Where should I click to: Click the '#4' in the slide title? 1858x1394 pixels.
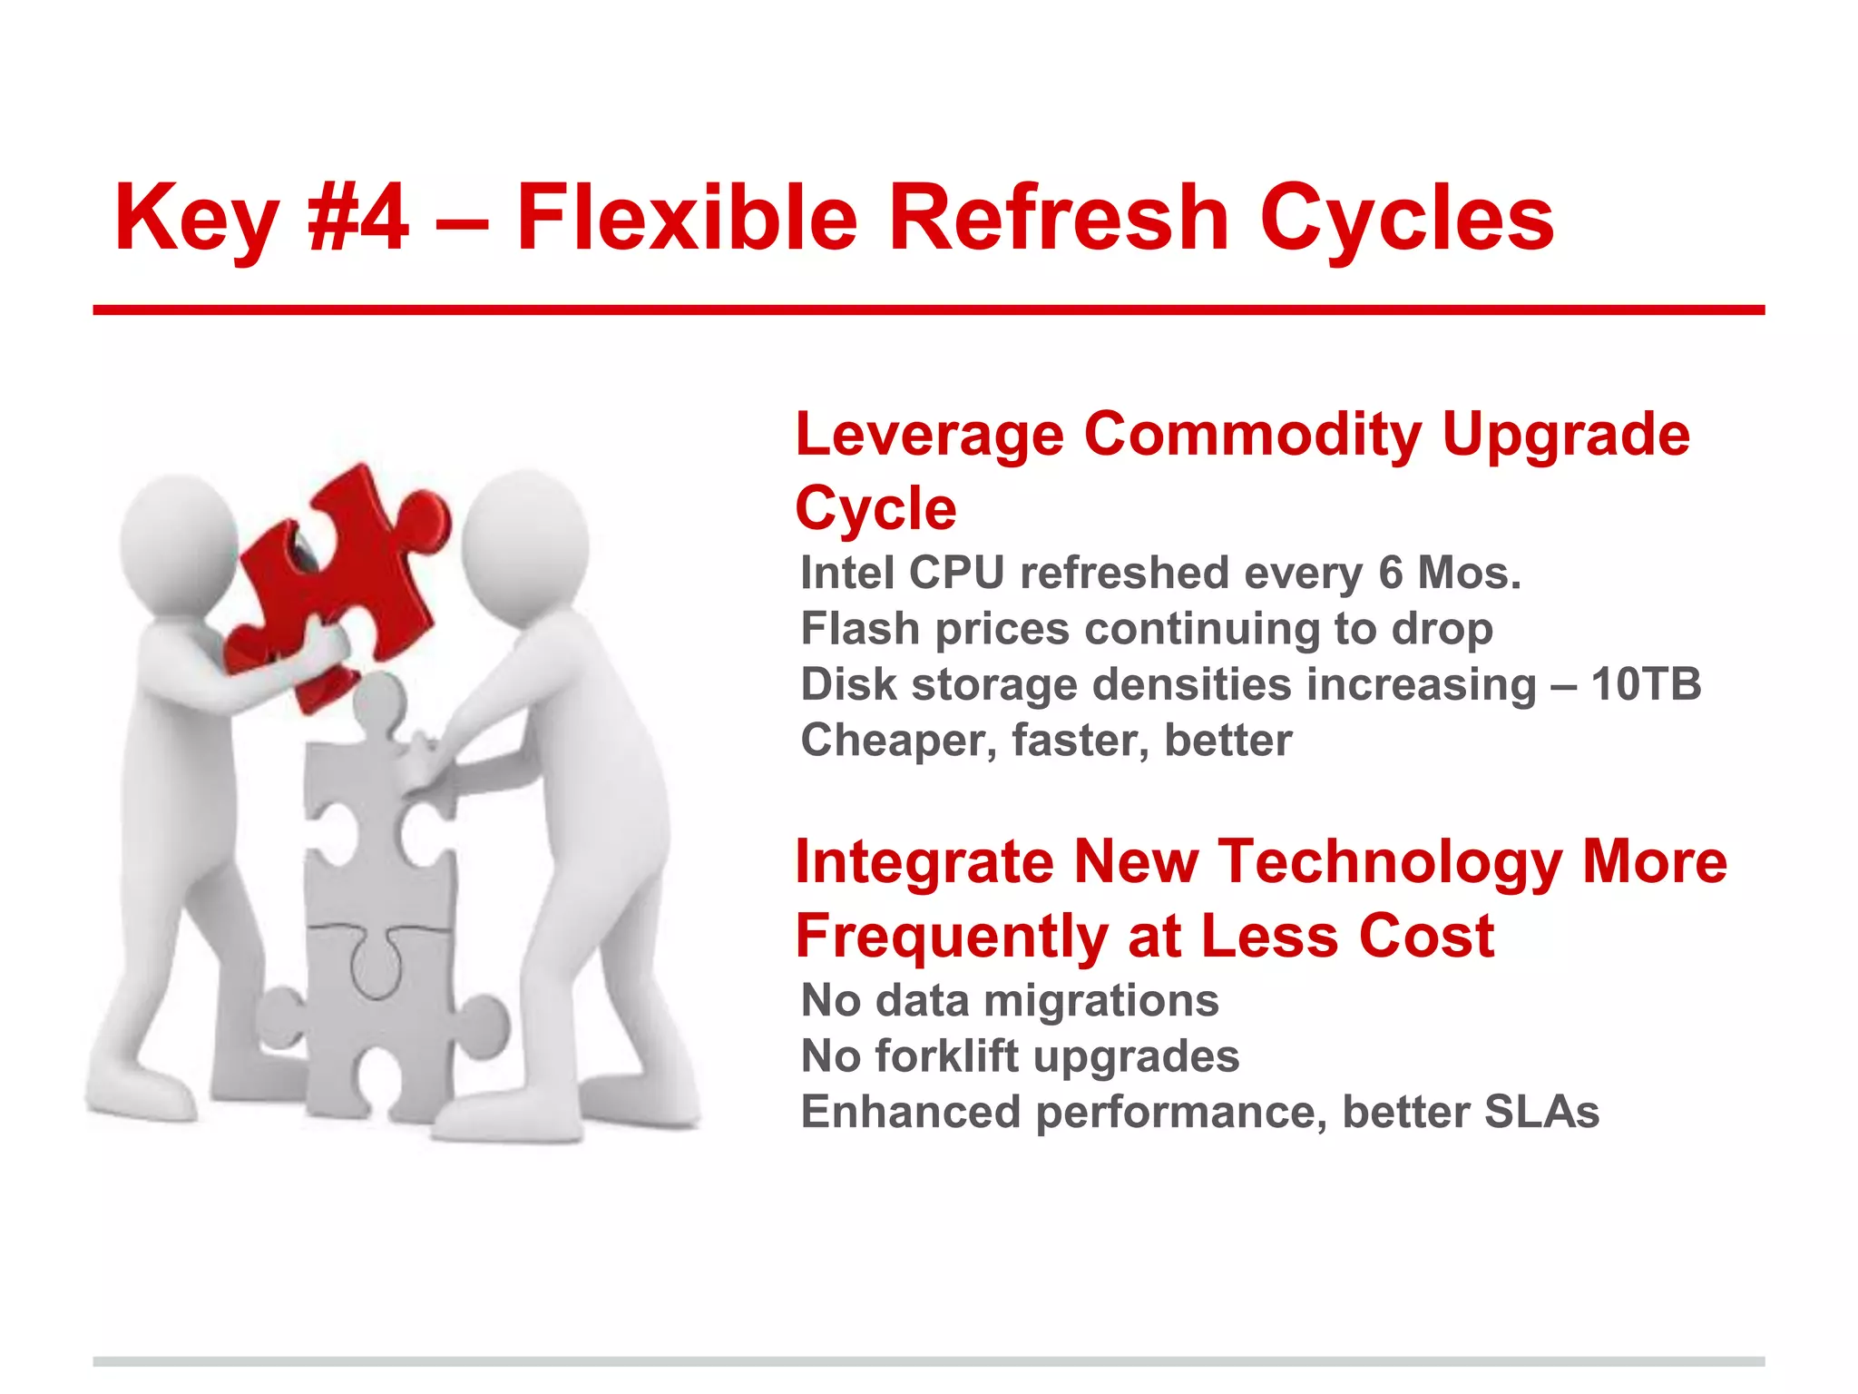pyautogui.click(x=357, y=218)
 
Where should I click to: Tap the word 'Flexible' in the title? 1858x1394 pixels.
pyautogui.click(x=687, y=218)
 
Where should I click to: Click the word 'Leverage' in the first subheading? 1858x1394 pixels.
pyautogui.click(x=929, y=434)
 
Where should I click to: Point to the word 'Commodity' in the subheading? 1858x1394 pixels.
pyautogui.click(x=1252, y=434)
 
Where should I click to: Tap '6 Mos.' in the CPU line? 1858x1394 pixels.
pyautogui.click(x=1449, y=573)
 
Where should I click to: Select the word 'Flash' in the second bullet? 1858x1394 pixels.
pyautogui.click(x=860, y=628)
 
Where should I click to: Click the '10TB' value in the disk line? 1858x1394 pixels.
pyautogui.click(x=1646, y=683)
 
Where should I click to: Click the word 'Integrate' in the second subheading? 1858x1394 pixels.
pyautogui.click(x=924, y=861)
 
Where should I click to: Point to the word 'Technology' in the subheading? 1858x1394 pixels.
pyautogui.click(x=1389, y=861)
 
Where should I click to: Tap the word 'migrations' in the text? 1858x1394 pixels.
pyautogui.click(x=1100, y=1000)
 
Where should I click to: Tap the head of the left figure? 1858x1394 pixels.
pyautogui.click(x=179, y=540)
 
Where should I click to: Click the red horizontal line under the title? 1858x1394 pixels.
pyautogui.click(x=929, y=310)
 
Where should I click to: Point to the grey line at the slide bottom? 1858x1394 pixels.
pyautogui.click(x=929, y=1361)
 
